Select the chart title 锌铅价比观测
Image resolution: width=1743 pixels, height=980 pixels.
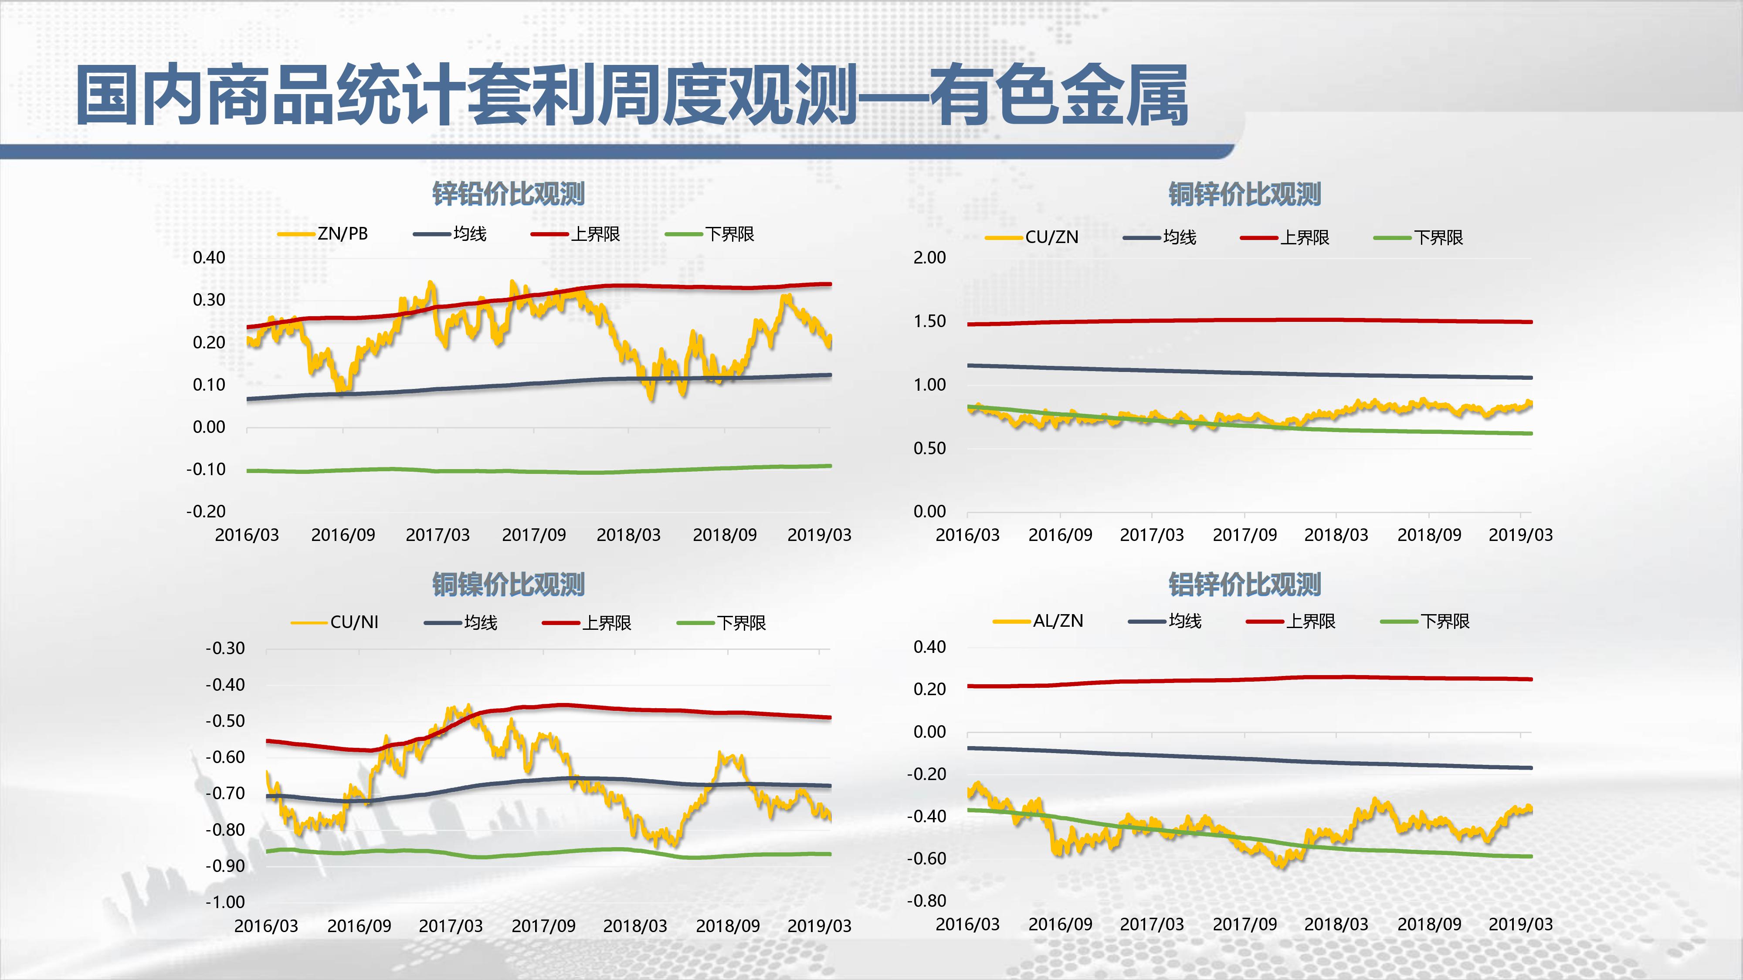[x=508, y=194]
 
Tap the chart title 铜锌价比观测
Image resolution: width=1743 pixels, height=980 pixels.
[x=1245, y=194]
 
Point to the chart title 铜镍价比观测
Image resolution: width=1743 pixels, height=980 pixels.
[x=508, y=585]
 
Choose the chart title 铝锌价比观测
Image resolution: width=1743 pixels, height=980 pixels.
[x=1245, y=585]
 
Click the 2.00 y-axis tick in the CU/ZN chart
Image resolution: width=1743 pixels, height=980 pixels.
[x=930, y=258]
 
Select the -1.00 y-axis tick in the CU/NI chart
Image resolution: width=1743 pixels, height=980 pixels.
[x=225, y=902]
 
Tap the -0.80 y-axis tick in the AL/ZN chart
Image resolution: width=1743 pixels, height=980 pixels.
[x=927, y=901]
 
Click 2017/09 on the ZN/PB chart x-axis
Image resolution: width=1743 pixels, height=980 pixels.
[x=534, y=535]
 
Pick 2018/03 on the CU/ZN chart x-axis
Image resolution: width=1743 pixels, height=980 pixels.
[x=1336, y=535]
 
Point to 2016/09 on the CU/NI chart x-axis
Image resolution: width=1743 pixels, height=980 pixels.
[x=359, y=926]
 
